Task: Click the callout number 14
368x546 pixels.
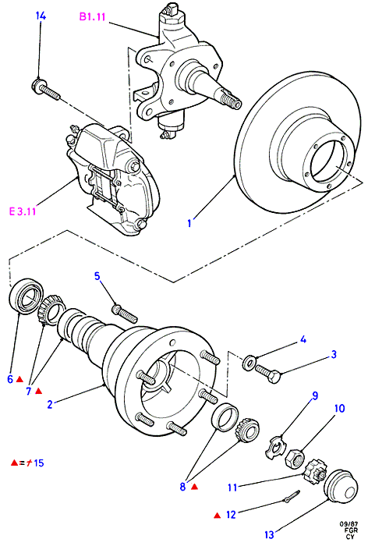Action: (41, 16)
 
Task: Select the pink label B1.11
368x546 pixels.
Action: (92, 16)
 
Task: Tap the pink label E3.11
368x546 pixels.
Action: (23, 211)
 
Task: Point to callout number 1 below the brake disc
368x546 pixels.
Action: (189, 223)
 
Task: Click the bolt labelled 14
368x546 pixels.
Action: (46, 89)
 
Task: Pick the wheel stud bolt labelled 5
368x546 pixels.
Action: (125, 313)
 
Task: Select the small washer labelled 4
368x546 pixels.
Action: (249, 363)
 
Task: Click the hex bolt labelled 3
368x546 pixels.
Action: (268, 374)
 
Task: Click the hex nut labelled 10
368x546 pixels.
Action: (295, 458)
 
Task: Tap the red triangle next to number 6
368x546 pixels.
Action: (19, 379)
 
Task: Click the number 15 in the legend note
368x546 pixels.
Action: (39, 463)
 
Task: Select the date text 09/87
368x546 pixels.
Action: (347, 524)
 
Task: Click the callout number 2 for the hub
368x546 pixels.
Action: (50, 404)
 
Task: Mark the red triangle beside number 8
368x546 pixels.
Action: (195, 487)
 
